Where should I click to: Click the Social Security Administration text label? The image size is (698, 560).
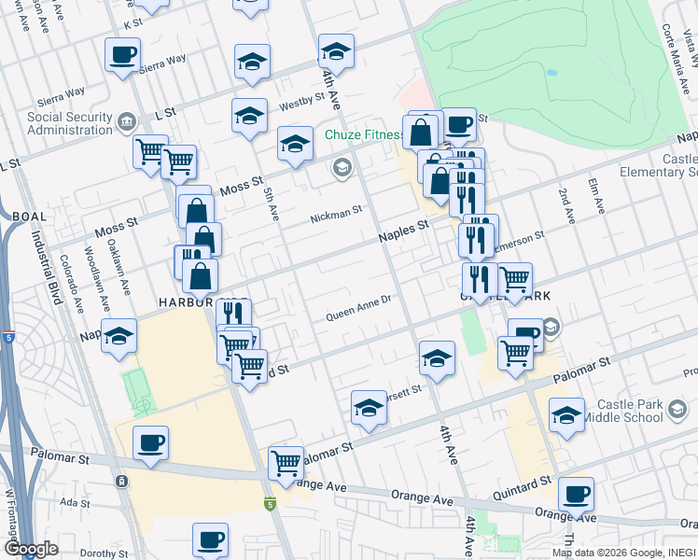click(69, 123)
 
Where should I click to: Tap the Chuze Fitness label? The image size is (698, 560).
click(363, 135)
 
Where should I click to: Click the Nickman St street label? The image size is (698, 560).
click(336, 215)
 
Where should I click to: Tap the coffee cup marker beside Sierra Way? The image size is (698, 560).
click(122, 55)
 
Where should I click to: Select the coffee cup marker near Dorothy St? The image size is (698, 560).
click(210, 539)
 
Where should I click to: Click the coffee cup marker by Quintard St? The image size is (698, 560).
click(576, 494)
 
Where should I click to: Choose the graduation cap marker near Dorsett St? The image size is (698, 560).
click(370, 409)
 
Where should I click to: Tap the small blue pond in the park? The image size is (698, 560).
click(551, 72)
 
